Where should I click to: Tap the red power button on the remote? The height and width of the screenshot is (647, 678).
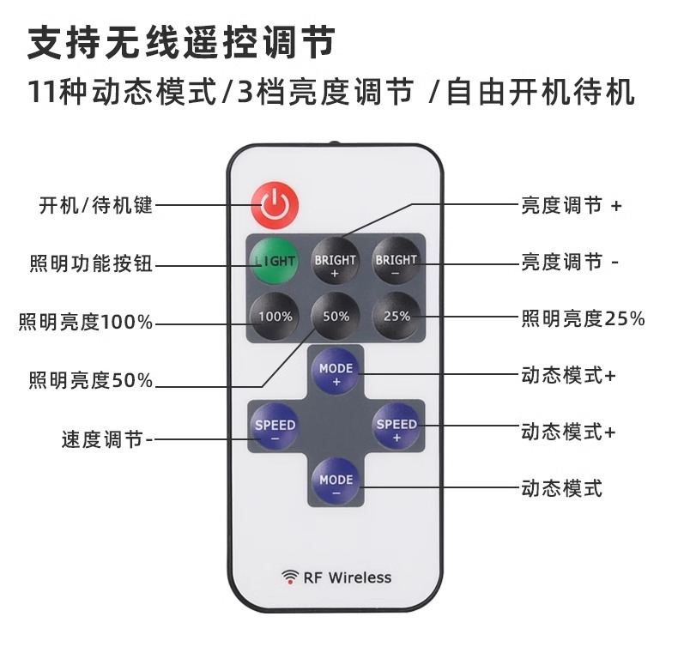pos(275,204)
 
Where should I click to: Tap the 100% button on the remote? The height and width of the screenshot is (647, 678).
pos(275,317)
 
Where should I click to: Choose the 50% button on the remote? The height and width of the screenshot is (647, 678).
pos(336,317)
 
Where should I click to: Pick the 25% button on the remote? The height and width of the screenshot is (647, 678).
pos(397,317)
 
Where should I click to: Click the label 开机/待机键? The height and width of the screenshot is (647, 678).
pos(95,206)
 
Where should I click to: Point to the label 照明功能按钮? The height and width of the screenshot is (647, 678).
pos(91,263)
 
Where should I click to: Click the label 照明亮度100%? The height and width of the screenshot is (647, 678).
pos(86,323)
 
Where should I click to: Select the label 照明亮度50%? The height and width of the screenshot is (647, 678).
pos(91,380)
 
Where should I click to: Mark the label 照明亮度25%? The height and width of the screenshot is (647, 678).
pos(583,319)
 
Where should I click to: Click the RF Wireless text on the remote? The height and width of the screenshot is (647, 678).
pos(347,577)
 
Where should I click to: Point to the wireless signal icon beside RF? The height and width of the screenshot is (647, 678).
pos(289,577)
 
